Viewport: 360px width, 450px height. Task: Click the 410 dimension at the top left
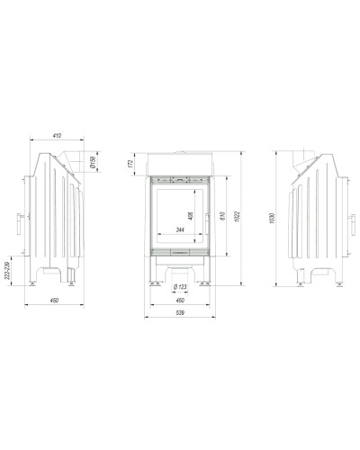[x=57, y=136]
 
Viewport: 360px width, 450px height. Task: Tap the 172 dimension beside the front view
[x=130, y=164]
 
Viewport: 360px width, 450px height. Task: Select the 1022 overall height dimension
[x=237, y=217]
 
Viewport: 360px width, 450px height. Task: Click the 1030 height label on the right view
[x=272, y=219]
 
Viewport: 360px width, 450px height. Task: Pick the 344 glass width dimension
[x=180, y=229]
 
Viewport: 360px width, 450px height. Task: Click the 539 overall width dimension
[x=180, y=313]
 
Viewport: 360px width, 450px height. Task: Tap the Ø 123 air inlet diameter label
[x=180, y=287]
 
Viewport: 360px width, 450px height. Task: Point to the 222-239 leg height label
[x=7, y=271]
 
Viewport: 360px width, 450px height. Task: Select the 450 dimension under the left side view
[x=54, y=301]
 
